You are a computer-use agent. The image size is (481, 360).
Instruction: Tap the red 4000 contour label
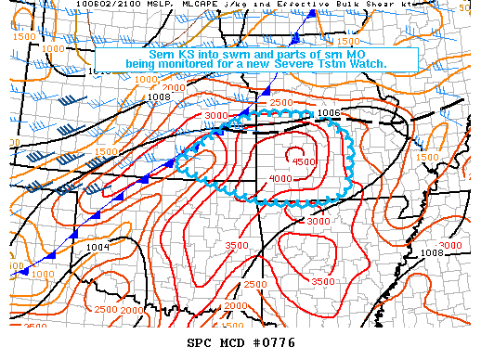pyautogui.click(x=279, y=178)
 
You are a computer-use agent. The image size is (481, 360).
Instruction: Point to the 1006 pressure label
pyautogui.click(x=328, y=112)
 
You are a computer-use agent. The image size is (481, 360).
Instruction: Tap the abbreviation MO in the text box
pyautogui.click(x=361, y=53)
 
